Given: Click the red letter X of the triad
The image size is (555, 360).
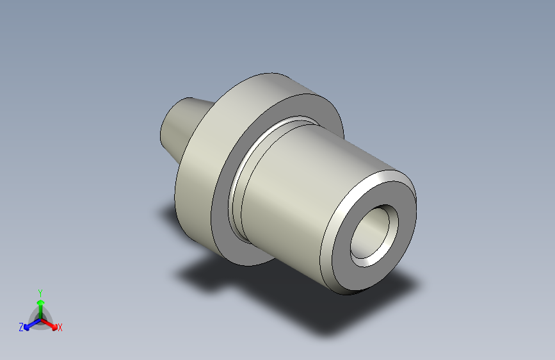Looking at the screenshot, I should [60, 328].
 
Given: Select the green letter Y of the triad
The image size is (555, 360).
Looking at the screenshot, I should [40, 292].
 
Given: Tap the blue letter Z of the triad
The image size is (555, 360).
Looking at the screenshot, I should [21, 327].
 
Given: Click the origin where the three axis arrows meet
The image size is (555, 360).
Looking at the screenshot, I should [40, 318].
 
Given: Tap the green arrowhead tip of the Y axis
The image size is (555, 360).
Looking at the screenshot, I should [40, 299].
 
